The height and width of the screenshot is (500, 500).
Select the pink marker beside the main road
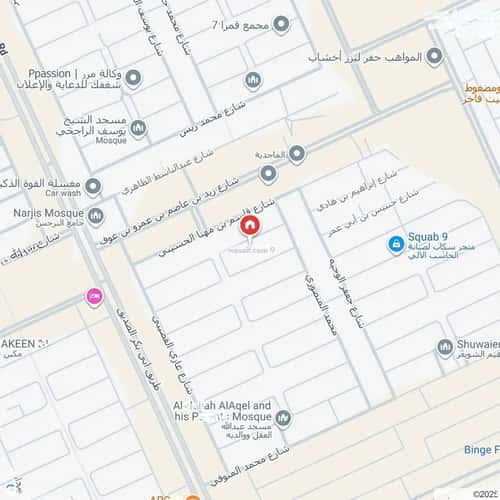pyautogui.click(x=95, y=296)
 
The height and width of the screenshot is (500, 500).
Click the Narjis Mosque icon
pyautogui.click(x=95, y=215)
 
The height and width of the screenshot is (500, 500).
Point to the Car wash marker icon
pyautogui.click(x=94, y=186)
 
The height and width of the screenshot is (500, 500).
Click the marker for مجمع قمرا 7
pyautogui.click(x=282, y=24)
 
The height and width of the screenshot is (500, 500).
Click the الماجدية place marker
pyautogui.click(x=297, y=152)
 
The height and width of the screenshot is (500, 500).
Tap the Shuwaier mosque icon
pyautogui.click(x=445, y=348)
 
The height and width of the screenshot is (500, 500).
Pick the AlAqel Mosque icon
pyautogui.click(x=283, y=418)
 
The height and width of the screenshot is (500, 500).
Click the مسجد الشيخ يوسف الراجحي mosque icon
pyautogui.click(x=139, y=128)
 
